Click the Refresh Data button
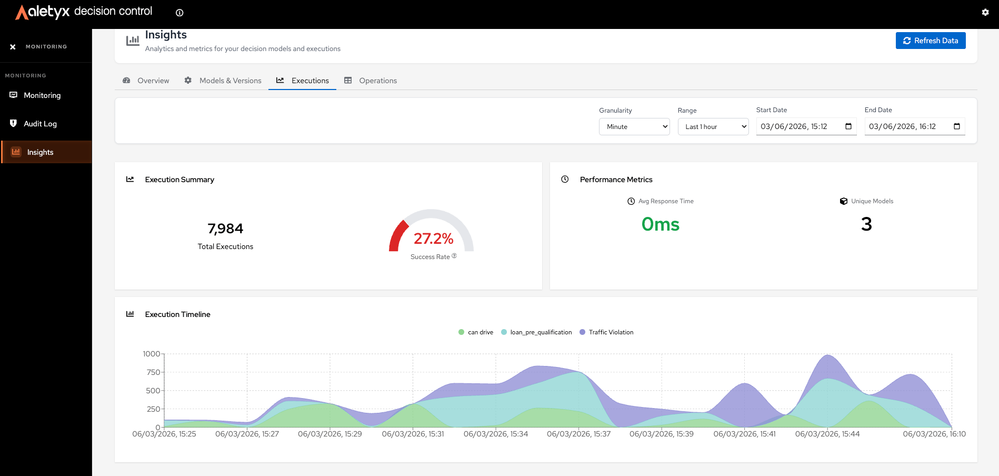point(931,41)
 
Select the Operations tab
point(371,81)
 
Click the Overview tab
point(146,81)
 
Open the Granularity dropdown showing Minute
point(634,126)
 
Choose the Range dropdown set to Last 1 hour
point(713,126)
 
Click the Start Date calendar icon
point(848,126)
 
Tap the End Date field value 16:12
point(927,126)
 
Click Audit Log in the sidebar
point(40,124)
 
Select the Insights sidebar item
point(40,152)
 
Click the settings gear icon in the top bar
point(985,12)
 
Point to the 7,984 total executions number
point(225,229)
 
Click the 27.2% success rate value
point(434,239)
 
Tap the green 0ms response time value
point(661,224)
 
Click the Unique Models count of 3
point(866,224)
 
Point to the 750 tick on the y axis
point(153,372)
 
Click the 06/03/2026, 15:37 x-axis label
point(578,434)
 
